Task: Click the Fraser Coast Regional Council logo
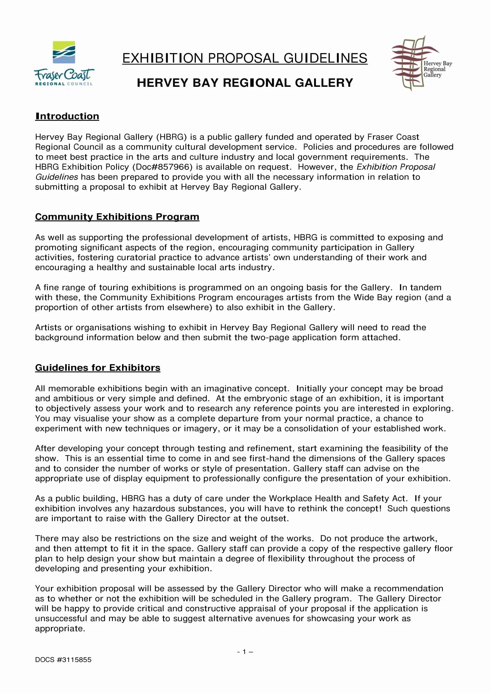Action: tap(64, 63)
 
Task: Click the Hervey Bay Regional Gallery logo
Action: tap(421, 63)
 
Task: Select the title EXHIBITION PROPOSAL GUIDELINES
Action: tap(245, 58)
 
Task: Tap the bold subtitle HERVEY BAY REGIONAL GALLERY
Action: tap(245, 83)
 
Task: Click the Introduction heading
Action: tap(67, 116)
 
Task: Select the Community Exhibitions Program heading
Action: tap(117, 217)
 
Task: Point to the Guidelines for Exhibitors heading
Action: tap(97, 368)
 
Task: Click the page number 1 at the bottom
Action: tap(244, 651)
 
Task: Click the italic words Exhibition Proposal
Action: tap(395, 167)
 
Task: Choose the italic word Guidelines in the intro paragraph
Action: tap(56, 177)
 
